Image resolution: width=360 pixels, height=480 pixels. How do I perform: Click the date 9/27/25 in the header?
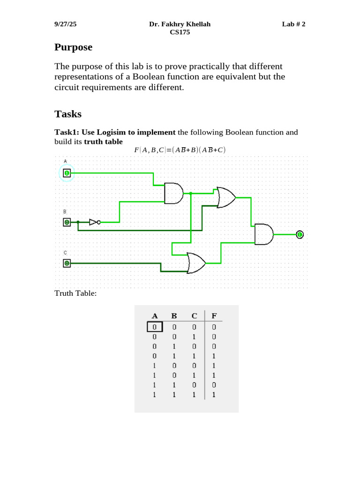(x=65, y=24)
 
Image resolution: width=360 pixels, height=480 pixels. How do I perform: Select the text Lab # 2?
(x=293, y=24)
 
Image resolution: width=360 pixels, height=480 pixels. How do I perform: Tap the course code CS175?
(x=180, y=32)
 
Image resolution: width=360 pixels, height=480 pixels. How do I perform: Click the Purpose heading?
(x=73, y=47)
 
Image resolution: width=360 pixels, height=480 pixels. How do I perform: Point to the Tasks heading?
(x=68, y=114)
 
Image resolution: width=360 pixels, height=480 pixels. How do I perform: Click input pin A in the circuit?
(x=67, y=173)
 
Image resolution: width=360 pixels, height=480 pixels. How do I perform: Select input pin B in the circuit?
(x=67, y=222)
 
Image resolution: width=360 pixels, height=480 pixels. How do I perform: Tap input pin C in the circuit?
(x=67, y=263)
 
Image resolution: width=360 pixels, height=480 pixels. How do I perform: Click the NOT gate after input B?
(x=94, y=222)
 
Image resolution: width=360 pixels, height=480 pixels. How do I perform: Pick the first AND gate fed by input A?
(x=173, y=193)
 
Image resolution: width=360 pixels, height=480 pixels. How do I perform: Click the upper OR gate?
(x=226, y=197)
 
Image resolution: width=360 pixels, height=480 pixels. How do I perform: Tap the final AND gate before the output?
(x=263, y=234)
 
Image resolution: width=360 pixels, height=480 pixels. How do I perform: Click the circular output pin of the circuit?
(x=300, y=234)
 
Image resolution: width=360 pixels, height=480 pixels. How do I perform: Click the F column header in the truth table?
(x=214, y=316)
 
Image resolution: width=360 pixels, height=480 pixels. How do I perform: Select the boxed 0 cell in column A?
(x=154, y=327)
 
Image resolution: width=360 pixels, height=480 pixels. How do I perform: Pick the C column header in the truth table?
(x=194, y=316)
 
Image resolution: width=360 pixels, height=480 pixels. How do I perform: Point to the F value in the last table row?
(x=214, y=395)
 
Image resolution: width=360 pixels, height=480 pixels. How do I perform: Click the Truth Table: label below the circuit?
(x=75, y=293)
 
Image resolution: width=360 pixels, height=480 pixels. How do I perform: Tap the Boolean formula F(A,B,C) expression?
(x=180, y=150)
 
